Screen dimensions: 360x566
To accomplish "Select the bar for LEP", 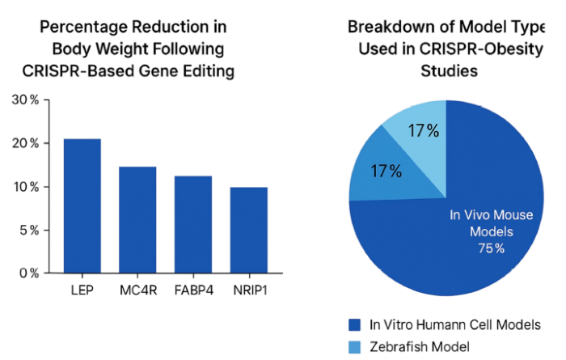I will point(82,206).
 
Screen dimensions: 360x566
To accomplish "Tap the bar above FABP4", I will point(192,225).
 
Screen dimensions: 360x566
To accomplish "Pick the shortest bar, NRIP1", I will point(247,231).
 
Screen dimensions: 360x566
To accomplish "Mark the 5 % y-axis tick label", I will point(28,230).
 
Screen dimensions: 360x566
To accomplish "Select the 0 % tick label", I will point(28,273).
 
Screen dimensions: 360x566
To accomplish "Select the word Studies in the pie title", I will point(450,71).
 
